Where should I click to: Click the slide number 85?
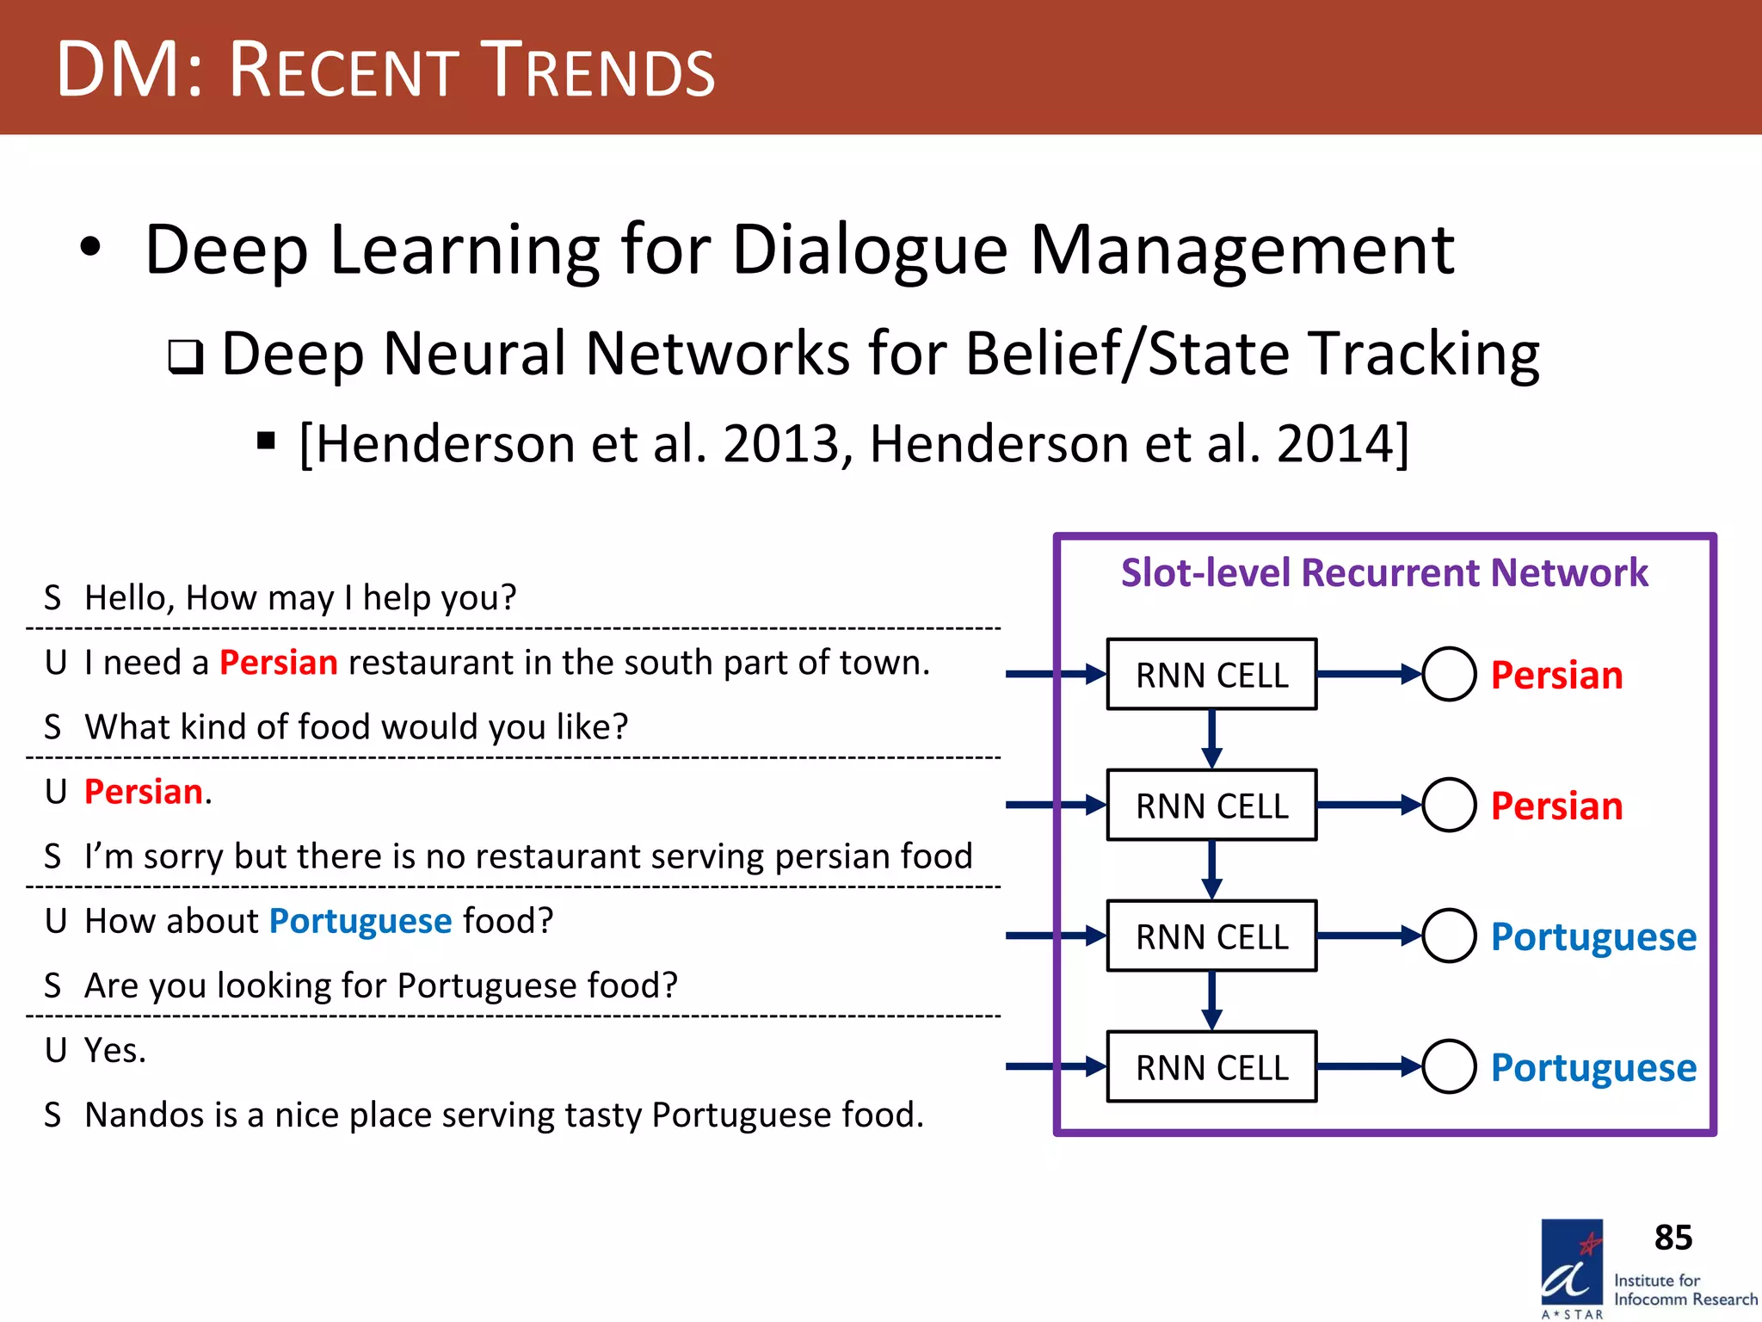pos(1673,1238)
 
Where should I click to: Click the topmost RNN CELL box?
pos(1211,675)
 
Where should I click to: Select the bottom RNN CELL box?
pos(1211,1067)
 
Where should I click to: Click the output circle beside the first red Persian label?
pos(1449,675)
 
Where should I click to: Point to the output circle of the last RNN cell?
pos(1449,1067)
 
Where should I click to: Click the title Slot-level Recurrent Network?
pos(1384,573)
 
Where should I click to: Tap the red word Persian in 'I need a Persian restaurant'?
pos(279,663)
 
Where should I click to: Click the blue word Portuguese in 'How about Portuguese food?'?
pos(360,921)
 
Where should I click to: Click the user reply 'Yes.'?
pos(115,1050)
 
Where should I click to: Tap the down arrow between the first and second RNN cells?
pos(1211,738)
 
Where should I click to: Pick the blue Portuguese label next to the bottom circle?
pos(1593,1068)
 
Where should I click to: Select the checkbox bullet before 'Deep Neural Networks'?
pos(186,356)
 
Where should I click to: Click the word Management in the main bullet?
pos(1242,250)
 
